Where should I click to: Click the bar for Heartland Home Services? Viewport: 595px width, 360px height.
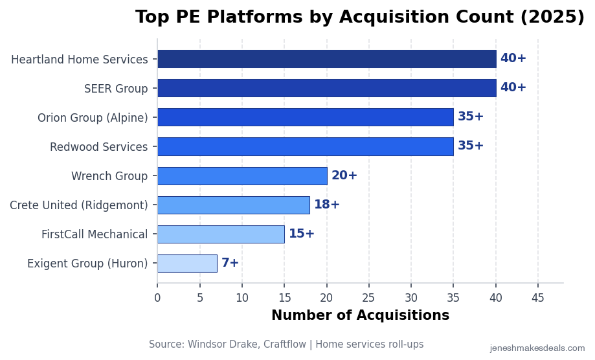pyautogui.click(x=326, y=59)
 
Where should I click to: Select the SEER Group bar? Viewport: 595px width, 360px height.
pyautogui.click(x=326, y=88)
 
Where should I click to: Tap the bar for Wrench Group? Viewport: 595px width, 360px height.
pyautogui.click(x=242, y=176)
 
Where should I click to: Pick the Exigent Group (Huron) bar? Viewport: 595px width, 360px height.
pyautogui.click(x=187, y=264)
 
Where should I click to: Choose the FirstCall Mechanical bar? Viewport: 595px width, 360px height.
pyautogui.click(x=221, y=234)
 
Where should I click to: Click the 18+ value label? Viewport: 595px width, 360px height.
pyautogui.click(x=327, y=205)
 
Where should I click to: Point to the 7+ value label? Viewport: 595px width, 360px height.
pyautogui.click(x=230, y=263)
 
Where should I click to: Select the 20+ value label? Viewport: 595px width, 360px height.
pyautogui.click(x=344, y=175)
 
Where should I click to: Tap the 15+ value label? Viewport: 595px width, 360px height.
pyautogui.click(x=302, y=234)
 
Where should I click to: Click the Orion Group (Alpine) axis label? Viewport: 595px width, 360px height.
pyautogui.click(x=93, y=118)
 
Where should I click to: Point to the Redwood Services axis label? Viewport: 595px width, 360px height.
pyautogui.click(x=98, y=147)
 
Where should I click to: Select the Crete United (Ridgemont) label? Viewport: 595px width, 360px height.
pyautogui.click(x=78, y=205)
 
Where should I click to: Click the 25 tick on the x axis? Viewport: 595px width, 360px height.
pyautogui.click(x=369, y=298)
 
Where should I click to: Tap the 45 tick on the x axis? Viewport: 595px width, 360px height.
pyautogui.click(x=538, y=298)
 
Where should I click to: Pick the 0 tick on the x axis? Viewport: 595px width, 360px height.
pyautogui.click(x=157, y=298)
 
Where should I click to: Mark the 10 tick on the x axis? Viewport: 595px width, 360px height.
pyautogui.click(x=242, y=298)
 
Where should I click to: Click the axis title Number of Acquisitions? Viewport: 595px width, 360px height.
pyautogui.click(x=360, y=316)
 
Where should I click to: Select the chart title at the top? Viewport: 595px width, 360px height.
pyautogui.click(x=359, y=17)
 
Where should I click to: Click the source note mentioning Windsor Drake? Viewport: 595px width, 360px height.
pyautogui.click(x=286, y=344)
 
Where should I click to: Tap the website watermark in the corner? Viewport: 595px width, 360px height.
pyautogui.click(x=537, y=348)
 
